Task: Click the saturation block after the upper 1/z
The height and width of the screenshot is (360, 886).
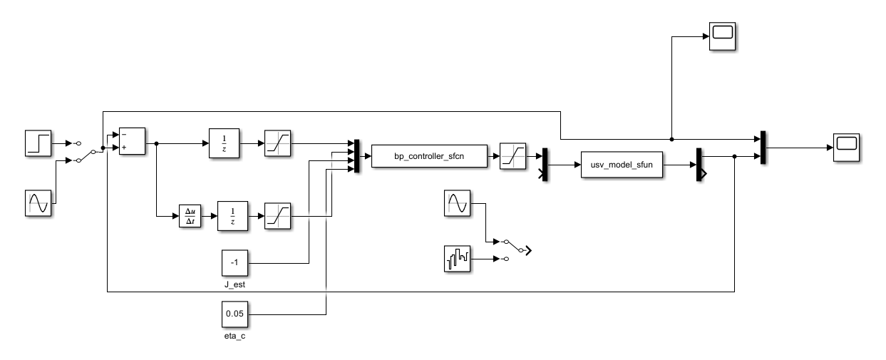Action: tap(276, 143)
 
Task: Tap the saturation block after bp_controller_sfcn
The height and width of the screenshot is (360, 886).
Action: tap(512, 155)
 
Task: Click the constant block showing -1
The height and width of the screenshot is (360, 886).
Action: tap(233, 263)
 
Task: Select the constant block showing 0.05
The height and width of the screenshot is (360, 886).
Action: tap(233, 314)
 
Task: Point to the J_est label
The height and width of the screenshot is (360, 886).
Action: tap(233, 285)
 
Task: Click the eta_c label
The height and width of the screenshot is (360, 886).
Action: tap(233, 335)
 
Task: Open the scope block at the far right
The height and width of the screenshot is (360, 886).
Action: tap(846, 146)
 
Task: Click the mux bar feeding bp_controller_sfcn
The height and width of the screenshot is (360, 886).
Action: tap(357, 156)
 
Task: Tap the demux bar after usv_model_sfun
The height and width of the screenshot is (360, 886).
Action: tap(699, 164)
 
